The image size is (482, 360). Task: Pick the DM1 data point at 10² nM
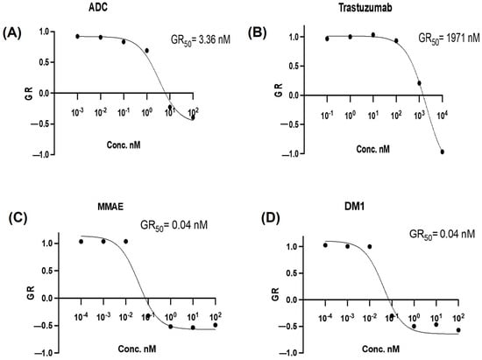[457, 330]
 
